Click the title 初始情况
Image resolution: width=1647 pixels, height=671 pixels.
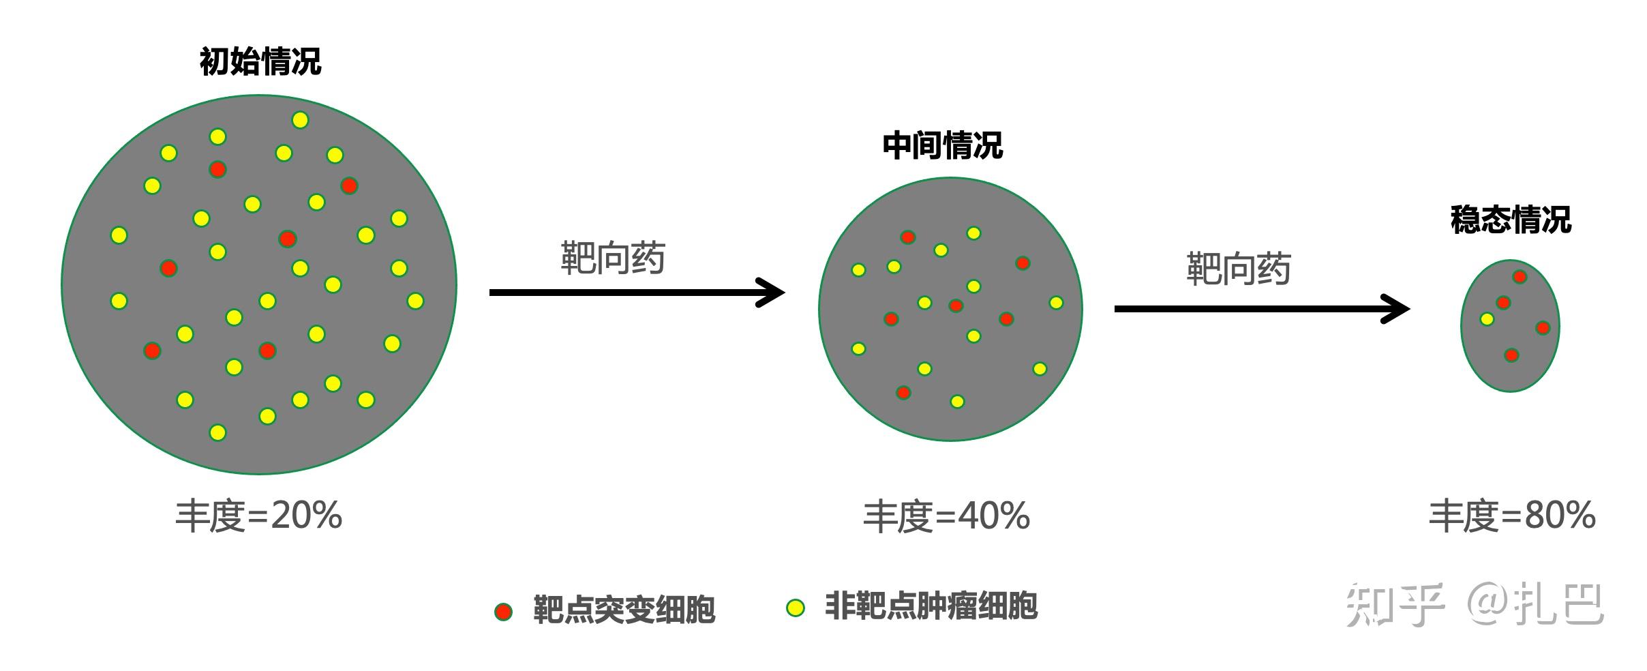[x=260, y=62]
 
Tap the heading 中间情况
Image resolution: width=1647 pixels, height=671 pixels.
[x=943, y=146]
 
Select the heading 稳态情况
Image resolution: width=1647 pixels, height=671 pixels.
[x=1511, y=220]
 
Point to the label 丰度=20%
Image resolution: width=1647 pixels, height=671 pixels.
[x=258, y=516]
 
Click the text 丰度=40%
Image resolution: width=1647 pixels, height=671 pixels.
[x=946, y=516]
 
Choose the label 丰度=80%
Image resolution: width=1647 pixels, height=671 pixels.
[x=1512, y=516]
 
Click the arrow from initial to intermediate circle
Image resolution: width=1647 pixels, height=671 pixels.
[x=637, y=293]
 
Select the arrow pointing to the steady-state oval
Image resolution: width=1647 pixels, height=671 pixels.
[x=1261, y=309]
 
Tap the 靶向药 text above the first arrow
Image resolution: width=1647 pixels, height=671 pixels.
[x=612, y=258]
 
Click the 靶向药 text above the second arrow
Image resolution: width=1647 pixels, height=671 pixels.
[x=1239, y=269]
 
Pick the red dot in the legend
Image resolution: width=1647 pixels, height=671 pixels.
[x=503, y=612]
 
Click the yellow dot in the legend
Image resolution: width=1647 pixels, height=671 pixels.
[x=795, y=608]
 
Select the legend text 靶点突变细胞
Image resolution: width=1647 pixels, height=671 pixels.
[x=624, y=610]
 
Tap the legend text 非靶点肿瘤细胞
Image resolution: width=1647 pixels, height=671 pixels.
[x=931, y=606]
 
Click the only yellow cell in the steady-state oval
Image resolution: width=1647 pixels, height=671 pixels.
[x=1487, y=319]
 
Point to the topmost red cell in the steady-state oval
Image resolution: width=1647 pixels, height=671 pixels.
[x=1520, y=277]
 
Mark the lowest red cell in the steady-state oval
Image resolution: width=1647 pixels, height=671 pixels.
[x=1511, y=355]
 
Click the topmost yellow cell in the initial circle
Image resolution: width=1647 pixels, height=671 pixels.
[x=300, y=121]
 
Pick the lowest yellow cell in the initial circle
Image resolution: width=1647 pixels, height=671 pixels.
[x=217, y=432]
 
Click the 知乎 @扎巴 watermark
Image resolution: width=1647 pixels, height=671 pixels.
[x=1475, y=604]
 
